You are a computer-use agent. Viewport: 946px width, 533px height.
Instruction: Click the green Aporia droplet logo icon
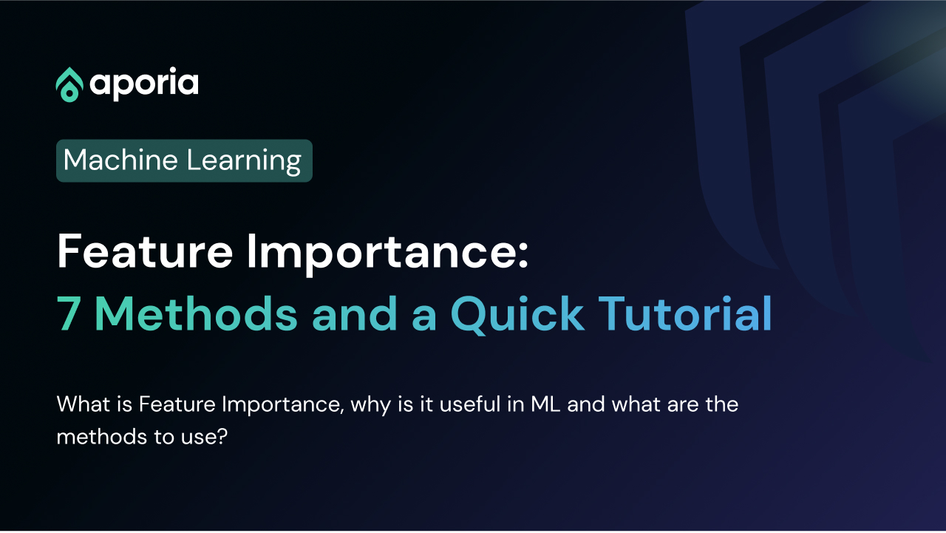pos(69,84)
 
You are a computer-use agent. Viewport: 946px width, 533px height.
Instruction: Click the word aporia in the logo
pos(144,84)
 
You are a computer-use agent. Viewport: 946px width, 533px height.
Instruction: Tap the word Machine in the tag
pos(120,160)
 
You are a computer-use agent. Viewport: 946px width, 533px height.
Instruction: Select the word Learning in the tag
pos(244,161)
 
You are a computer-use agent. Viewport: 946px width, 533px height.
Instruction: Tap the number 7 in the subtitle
pos(69,313)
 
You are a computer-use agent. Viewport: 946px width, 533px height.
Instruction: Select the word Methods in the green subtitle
pos(197,313)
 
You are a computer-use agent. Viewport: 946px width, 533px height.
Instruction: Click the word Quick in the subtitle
pos(517,314)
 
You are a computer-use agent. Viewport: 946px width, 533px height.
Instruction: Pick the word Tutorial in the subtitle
pos(685,313)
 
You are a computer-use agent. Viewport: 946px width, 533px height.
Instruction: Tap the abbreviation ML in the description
pos(545,404)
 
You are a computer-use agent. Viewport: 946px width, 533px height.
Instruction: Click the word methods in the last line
pos(101,436)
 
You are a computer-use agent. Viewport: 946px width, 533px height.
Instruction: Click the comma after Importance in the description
pos(341,411)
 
